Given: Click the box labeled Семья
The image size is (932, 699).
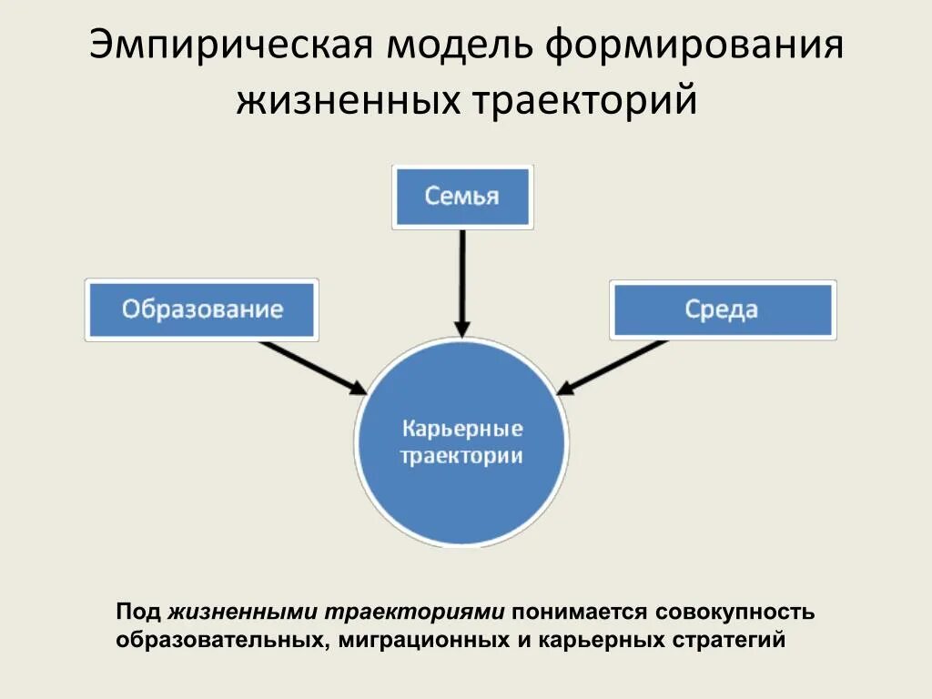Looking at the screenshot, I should pos(462,197).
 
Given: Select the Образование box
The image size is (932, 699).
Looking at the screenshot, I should pos(202,310).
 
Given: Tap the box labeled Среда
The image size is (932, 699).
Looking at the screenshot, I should pos(722,310).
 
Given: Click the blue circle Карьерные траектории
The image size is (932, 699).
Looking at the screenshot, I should pos(461,441).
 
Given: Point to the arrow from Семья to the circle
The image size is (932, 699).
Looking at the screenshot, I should pos(462,282).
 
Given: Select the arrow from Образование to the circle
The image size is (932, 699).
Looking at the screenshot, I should pos(312,367).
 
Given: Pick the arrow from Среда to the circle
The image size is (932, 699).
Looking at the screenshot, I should pos(612,367).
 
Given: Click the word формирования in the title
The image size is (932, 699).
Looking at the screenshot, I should pos(695,46).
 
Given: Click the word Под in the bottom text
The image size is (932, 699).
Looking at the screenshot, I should pos(138,613).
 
